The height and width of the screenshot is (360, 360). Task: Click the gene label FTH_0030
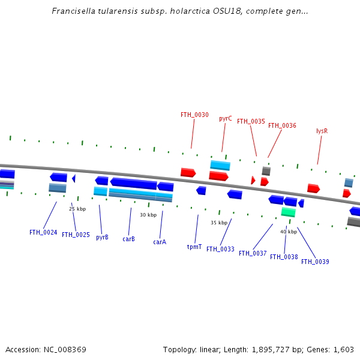coord(194,115)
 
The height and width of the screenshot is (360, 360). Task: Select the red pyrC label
coord(226,119)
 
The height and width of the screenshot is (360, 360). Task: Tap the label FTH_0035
coord(251,121)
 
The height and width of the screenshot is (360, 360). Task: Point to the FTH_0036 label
coord(282,125)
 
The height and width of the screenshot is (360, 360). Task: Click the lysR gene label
coord(322,131)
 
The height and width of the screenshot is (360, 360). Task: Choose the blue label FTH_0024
coord(43,232)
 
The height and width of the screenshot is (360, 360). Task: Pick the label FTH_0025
coord(76,235)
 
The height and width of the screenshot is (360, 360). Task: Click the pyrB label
coord(102,237)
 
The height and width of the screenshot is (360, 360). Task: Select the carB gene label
coord(128,239)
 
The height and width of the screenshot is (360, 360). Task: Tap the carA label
coord(160,242)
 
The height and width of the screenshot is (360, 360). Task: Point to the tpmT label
coord(194,247)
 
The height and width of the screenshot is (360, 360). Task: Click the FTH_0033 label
coord(220,249)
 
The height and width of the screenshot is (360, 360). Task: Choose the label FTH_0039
coord(315,262)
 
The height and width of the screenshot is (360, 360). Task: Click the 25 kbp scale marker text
coord(77,209)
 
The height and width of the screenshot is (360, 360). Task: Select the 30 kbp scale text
coord(148,215)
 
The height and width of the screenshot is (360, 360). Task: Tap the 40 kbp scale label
coord(289,232)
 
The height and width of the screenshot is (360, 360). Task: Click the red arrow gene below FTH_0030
coord(188,173)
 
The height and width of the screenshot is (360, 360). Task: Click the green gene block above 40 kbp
coord(288,212)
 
